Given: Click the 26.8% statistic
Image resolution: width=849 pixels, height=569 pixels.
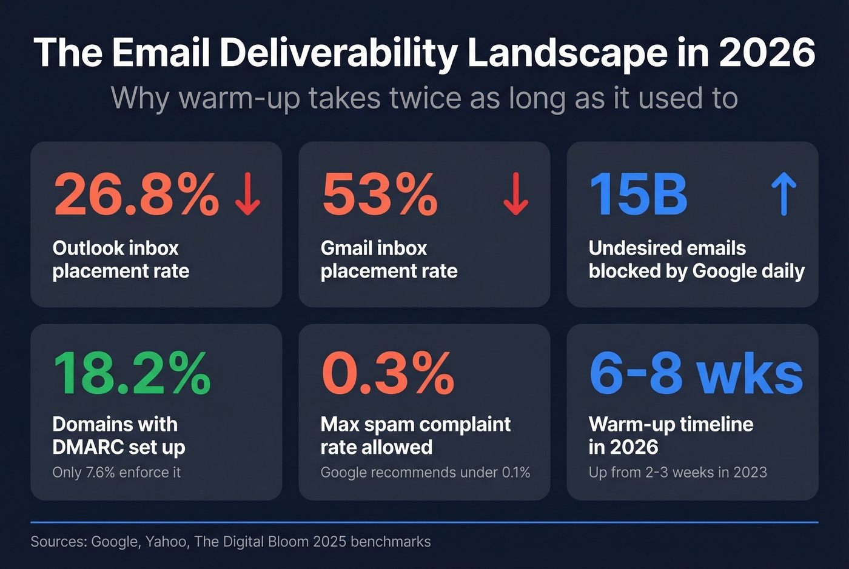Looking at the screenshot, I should [136, 195].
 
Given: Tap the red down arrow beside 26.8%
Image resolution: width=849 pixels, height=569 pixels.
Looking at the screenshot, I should [247, 194].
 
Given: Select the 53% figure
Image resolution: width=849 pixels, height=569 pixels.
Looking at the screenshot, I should [380, 195].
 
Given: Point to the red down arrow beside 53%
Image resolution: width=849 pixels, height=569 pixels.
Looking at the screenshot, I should [515, 194].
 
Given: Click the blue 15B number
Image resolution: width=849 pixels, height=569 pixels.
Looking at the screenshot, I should [638, 195].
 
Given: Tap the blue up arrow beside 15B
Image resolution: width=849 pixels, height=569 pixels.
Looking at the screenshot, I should [784, 194].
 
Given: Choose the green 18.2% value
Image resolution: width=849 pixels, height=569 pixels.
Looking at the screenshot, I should [132, 373].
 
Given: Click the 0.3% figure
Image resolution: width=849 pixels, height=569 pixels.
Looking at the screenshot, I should [388, 373].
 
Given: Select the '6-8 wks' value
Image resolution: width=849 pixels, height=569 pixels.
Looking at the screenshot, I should [696, 373].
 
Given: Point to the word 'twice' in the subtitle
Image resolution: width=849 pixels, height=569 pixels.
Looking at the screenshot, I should [425, 98].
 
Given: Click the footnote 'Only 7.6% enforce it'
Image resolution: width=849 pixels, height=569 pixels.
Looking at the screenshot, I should [116, 472].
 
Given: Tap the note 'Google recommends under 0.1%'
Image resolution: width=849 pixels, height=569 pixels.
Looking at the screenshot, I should [425, 472].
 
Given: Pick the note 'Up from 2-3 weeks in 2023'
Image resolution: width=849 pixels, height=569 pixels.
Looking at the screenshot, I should [677, 472].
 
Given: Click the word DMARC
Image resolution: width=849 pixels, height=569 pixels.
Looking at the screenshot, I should [90, 447].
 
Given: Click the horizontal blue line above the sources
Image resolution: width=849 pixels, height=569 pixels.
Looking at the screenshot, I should [424, 522].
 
